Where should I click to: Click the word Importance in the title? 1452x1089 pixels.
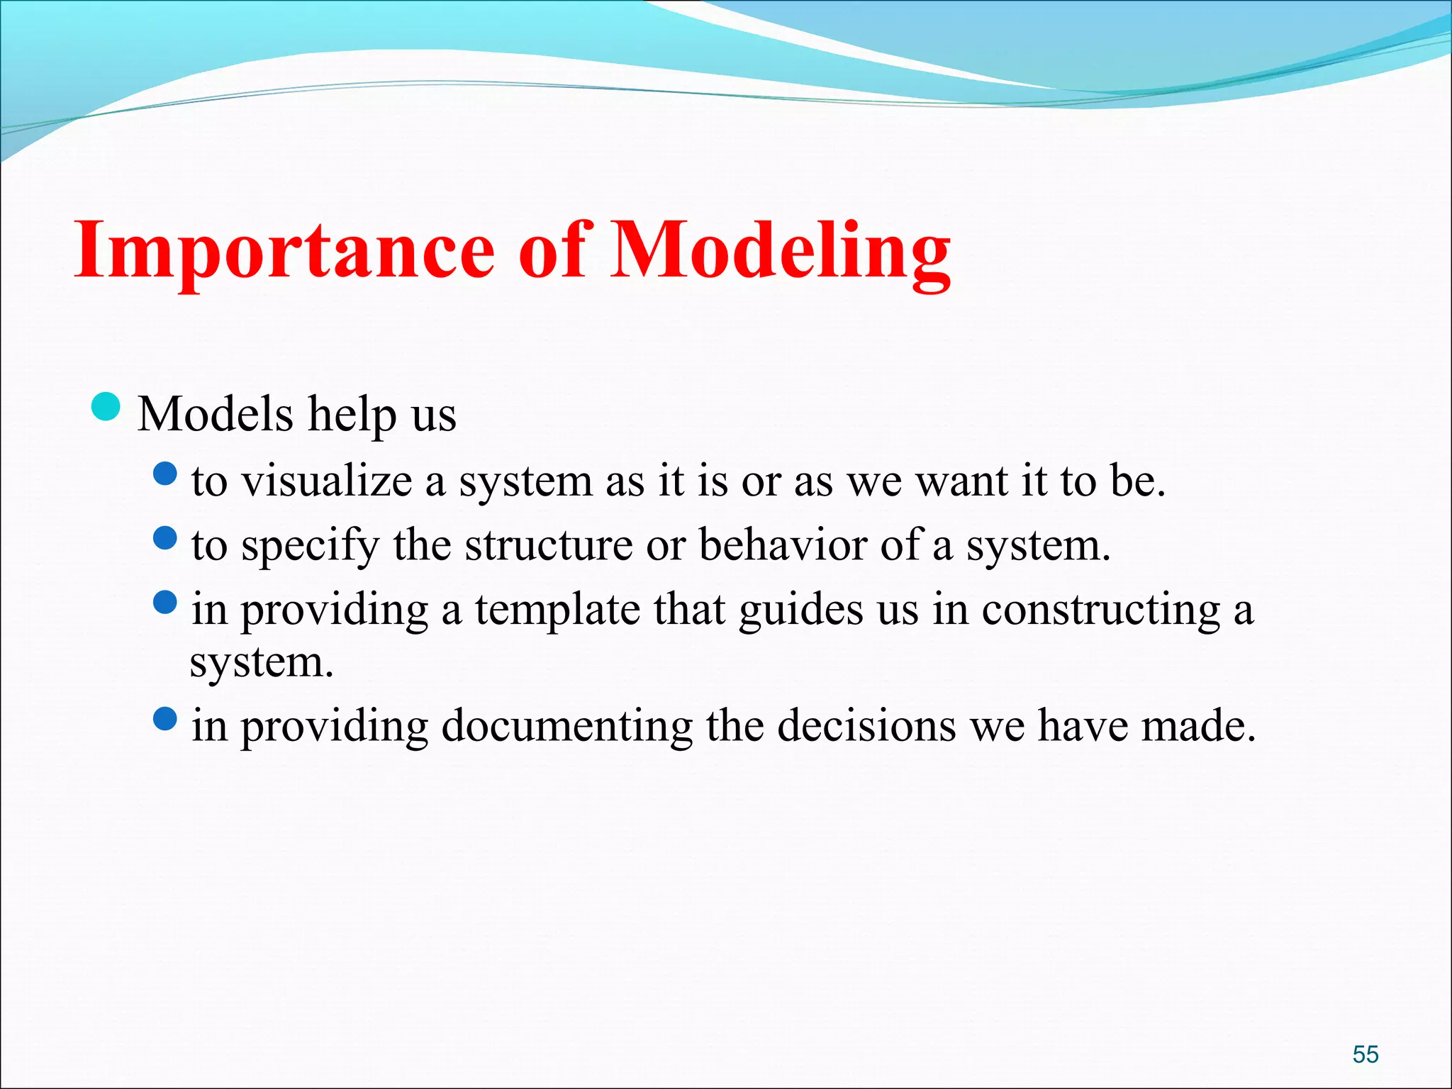pos(284,252)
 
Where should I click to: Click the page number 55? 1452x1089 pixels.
pos(1366,1054)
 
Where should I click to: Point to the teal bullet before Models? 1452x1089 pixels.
pos(106,407)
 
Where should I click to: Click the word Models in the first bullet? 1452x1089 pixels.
pos(215,414)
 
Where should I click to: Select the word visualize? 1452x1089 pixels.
pos(327,481)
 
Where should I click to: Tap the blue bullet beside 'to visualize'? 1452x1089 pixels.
pos(164,474)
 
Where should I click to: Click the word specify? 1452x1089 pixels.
pos(311,547)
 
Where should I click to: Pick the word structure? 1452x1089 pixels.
pos(549,545)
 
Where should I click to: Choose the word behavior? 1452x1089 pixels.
pos(783,545)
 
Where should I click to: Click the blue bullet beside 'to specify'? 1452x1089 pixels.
pos(164,538)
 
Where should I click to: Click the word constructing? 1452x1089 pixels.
pos(1101,610)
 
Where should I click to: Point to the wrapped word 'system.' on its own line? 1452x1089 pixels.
pos(261,662)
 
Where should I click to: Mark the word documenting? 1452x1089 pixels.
pos(566,726)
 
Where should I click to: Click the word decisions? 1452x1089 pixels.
pos(866,726)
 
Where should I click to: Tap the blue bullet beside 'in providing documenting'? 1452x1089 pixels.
pos(164,720)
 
